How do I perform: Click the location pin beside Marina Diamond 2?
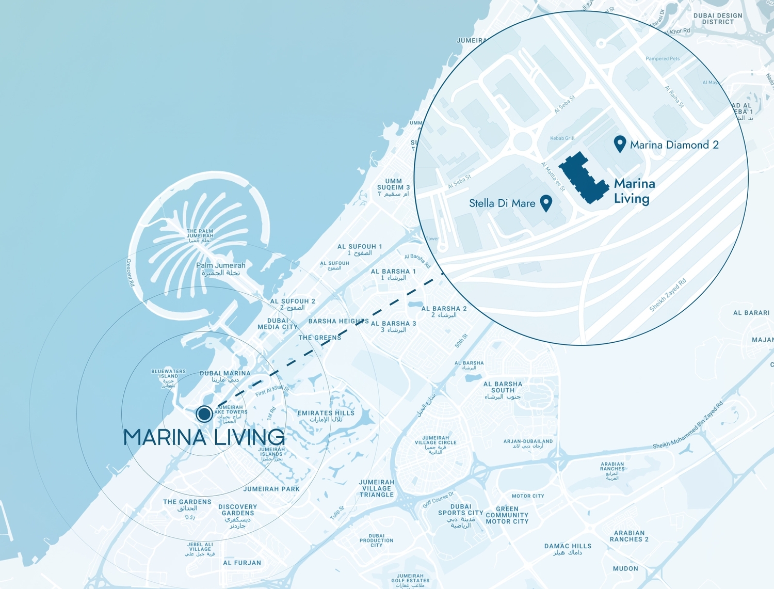(x=620, y=144)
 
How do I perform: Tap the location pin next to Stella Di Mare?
(x=546, y=202)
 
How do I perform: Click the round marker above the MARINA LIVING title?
(x=204, y=413)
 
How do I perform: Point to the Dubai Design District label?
(x=718, y=19)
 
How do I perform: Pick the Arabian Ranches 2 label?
(x=629, y=536)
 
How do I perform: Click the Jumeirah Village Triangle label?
(x=377, y=488)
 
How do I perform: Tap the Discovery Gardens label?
(x=237, y=510)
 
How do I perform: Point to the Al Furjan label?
(x=242, y=563)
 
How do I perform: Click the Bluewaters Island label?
(x=168, y=374)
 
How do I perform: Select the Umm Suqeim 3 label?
(x=393, y=184)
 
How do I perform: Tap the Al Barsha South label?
(x=503, y=387)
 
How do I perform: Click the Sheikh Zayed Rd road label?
(x=668, y=295)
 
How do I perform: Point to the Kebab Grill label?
(x=562, y=138)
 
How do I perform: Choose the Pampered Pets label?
(x=663, y=58)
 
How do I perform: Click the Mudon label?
(x=625, y=568)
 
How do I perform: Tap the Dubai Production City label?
(x=377, y=540)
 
